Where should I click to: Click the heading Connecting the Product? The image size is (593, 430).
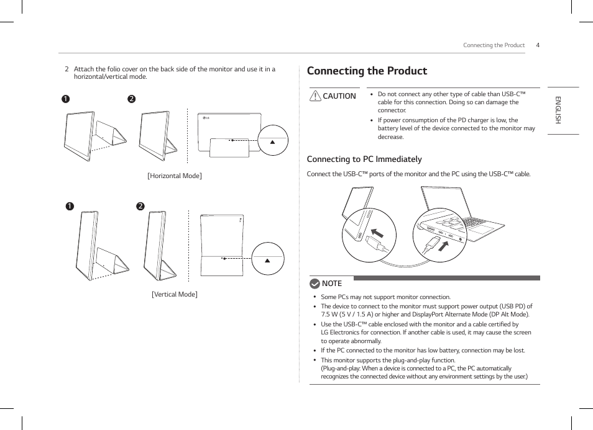click(367, 71)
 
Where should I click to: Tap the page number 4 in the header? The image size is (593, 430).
click(538, 45)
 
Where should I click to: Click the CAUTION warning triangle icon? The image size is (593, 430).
click(315, 96)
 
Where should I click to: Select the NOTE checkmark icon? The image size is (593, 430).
click(315, 284)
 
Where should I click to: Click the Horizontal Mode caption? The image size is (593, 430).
click(174, 176)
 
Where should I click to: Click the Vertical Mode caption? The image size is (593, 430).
click(174, 294)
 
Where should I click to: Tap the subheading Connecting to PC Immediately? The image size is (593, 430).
click(364, 159)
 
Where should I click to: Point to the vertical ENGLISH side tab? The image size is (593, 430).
click(558, 110)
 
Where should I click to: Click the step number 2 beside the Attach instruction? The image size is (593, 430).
click(67, 69)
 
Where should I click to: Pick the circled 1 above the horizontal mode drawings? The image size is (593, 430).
click(65, 99)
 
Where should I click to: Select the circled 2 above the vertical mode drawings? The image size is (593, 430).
click(140, 206)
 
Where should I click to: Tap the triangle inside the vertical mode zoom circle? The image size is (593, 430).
click(268, 260)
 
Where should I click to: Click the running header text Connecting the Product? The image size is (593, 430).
click(494, 45)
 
